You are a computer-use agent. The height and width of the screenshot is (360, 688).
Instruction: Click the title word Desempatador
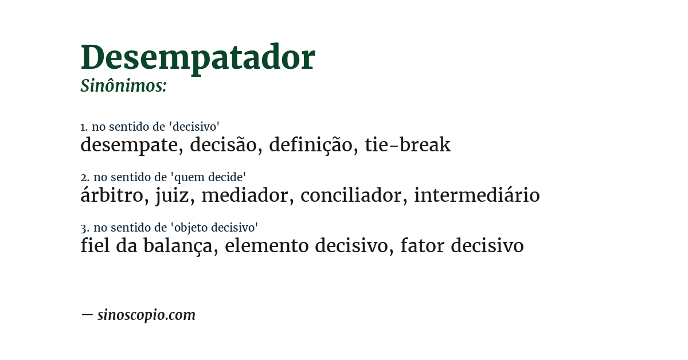(198, 57)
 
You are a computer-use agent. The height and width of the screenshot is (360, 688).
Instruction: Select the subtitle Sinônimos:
(123, 86)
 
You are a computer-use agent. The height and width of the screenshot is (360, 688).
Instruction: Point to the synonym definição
(310, 145)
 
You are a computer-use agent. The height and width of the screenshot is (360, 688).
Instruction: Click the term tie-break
(408, 145)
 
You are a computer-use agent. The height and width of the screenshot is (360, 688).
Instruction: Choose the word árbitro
(111, 195)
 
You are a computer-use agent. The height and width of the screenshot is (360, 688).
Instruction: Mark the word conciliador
(351, 195)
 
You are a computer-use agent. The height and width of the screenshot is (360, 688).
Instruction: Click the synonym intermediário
(476, 195)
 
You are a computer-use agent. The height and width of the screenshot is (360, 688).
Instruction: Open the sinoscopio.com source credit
(146, 315)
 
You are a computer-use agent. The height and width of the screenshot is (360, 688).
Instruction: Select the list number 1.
(84, 127)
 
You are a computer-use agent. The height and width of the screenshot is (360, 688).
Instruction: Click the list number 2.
(84, 178)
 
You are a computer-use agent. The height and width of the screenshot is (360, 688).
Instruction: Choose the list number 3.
(84, 228)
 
